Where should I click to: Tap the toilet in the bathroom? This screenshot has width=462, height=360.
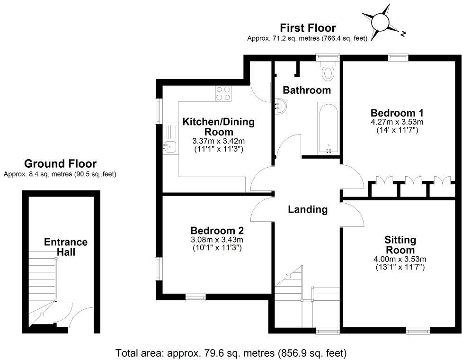click(327, 72)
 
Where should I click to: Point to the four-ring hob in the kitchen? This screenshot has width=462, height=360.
click(223, 93)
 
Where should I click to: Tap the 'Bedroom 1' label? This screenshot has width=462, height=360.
click(397, 113)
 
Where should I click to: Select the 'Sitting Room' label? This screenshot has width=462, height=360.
click(400, 245)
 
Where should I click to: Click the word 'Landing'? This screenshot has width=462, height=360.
click(308, 209)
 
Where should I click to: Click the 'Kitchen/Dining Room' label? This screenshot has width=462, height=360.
click(219, 126)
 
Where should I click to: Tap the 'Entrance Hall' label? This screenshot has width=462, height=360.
click(66, 247)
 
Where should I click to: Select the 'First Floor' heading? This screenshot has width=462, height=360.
click(308, 28)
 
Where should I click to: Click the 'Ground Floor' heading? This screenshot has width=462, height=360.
click(60, 164)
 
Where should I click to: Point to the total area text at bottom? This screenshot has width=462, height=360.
click(231, 353)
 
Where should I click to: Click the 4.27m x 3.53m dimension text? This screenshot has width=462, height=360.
click(397, 122)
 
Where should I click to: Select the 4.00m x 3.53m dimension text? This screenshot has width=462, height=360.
click(400, 259)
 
